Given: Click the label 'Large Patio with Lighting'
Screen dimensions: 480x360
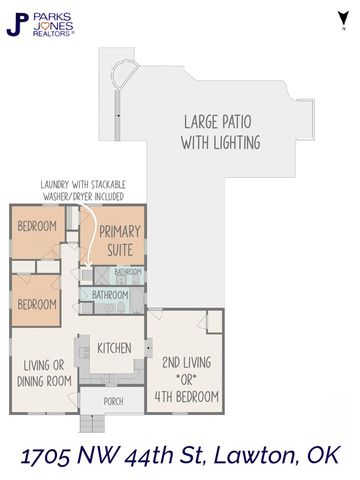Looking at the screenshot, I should (x=221, y=131).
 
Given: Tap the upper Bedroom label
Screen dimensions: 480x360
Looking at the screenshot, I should (x=39, y=226).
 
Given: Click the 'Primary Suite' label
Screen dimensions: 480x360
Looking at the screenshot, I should (x=120, y=240).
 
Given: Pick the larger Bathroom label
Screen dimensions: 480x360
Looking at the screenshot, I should (x=111, y=296).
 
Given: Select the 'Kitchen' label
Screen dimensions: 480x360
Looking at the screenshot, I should (x=115, y=348).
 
